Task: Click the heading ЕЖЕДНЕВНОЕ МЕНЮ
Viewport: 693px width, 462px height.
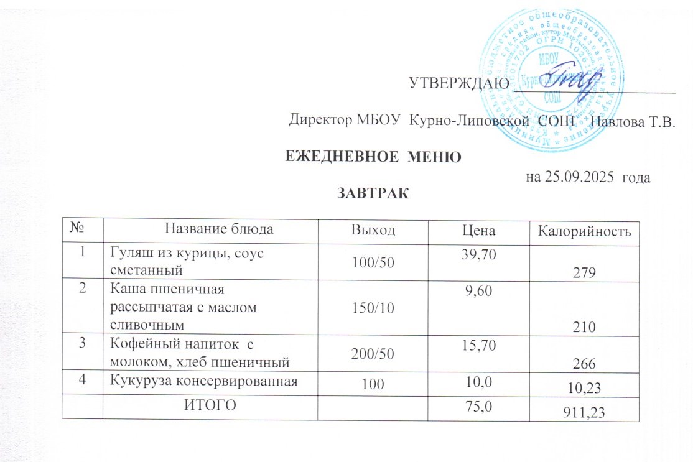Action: tap(373, 157)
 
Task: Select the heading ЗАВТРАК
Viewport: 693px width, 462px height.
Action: tap(373, 193)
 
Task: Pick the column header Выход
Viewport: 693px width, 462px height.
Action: tap(373, 231)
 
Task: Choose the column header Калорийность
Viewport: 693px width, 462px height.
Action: tap(580, 231)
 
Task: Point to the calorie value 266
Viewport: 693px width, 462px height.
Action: tap(579, 364)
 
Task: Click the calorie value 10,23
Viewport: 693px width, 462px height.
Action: tap(579, 389)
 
